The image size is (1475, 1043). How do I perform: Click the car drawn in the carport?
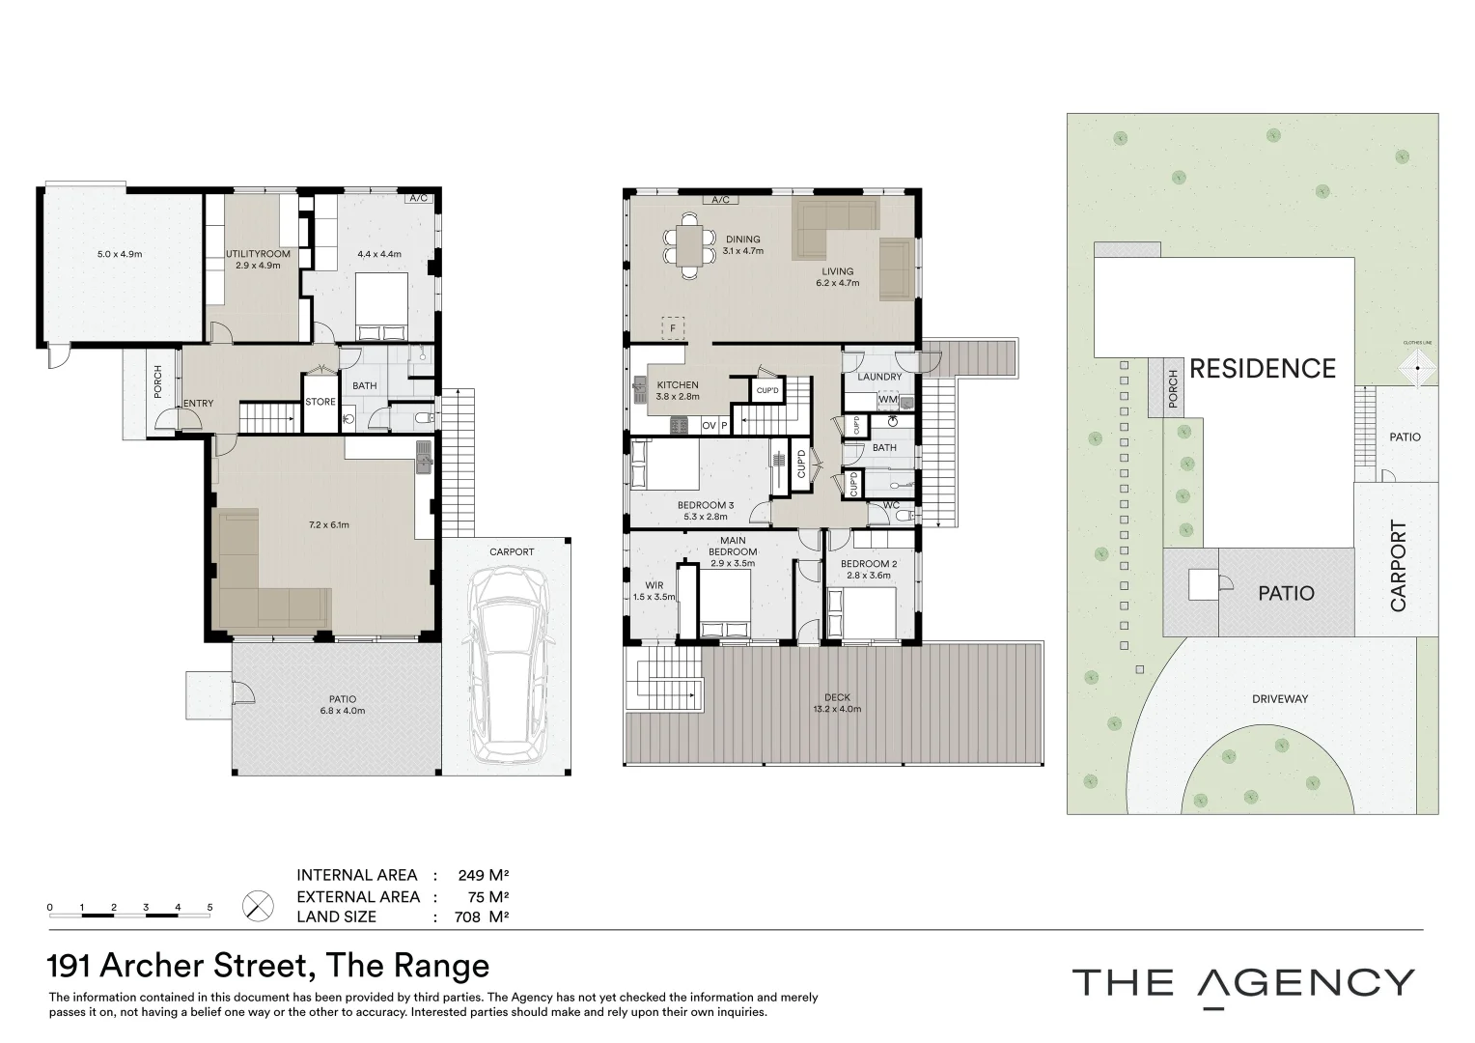pyautogui.click(x=508, y=664)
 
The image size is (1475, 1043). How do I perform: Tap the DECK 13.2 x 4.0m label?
pyautogui.click(x=837, y=703)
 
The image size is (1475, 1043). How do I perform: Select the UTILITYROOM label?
pyautogui.click(x=258, y=254)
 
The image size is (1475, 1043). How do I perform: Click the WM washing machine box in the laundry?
pyautogui.click(x=886, y=400)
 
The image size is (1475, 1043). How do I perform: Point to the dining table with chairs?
pyautogui.click(x=689, y=245)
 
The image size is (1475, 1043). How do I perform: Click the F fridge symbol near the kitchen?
pyautogui.click(x=673, y=327)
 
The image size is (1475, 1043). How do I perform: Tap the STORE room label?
pyautogui.click(x=320, y=402)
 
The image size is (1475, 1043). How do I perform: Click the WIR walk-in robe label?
pyautogui.click(x=654, y=585)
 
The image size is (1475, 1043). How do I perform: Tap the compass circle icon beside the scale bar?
pyautogui.click(x=258, y=906)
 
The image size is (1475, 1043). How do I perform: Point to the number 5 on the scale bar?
pyautogui.click(x=209, y=908)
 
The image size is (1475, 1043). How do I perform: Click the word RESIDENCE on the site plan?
pyautogui.click(x=1262, y=369)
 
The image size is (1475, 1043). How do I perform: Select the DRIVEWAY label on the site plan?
pyautogui.click(x=1279, y=698)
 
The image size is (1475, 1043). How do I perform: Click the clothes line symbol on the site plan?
pyautogui.click(x=1418, y=368)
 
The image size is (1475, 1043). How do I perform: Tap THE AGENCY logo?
pyautogui.click(x=1243, y=983)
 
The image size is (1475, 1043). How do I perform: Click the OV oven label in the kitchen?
pyautogui.click(x=709, y=425)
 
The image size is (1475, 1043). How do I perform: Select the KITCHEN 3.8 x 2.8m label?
pyautogui.click(x=678, y=390)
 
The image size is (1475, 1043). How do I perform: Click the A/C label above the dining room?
pyautogui.click(x=720, y=200)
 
